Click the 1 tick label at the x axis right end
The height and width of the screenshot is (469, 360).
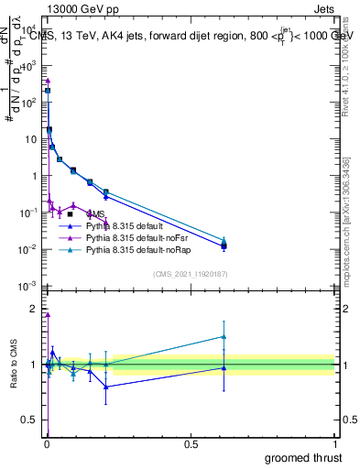pyautogui.click(x=334, y=444)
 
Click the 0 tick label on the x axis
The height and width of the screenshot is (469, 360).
pyautogui.click(x=47, y=444)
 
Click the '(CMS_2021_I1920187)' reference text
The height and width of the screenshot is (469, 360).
pyautogui.click(x=191, y=274)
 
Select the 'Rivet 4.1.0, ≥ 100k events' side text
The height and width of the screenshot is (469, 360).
pyautogui.click(x=351, y=73)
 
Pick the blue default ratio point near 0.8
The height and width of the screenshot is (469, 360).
pyautogui.click(x=106, y=387)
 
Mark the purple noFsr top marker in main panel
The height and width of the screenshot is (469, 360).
pyautogui.click(x=48, y=81)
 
